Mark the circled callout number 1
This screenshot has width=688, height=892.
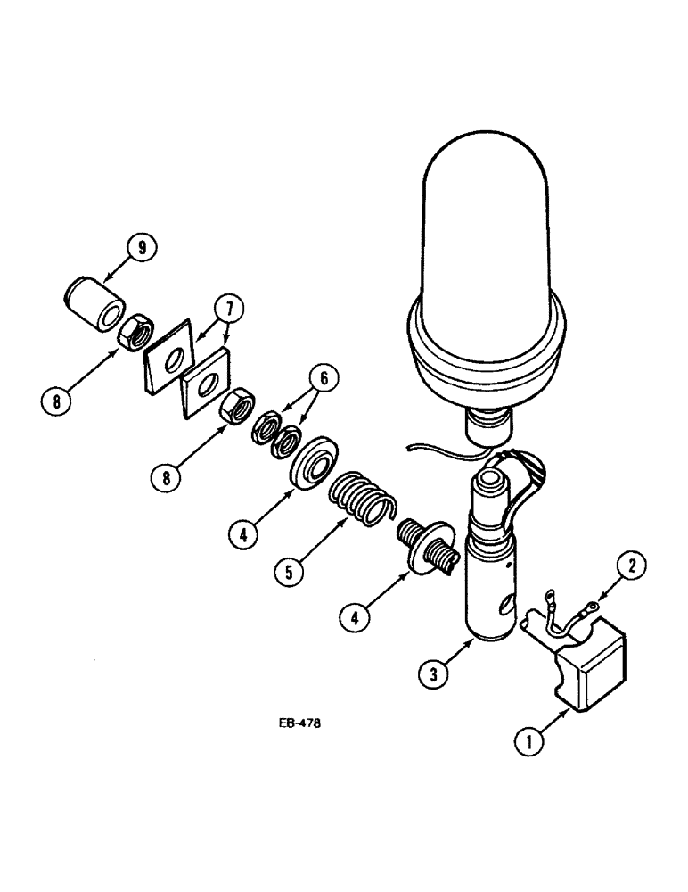529,739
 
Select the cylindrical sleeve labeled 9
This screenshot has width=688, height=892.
93,302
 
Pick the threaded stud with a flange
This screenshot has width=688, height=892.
426,544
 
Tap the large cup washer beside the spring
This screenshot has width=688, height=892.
312,461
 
